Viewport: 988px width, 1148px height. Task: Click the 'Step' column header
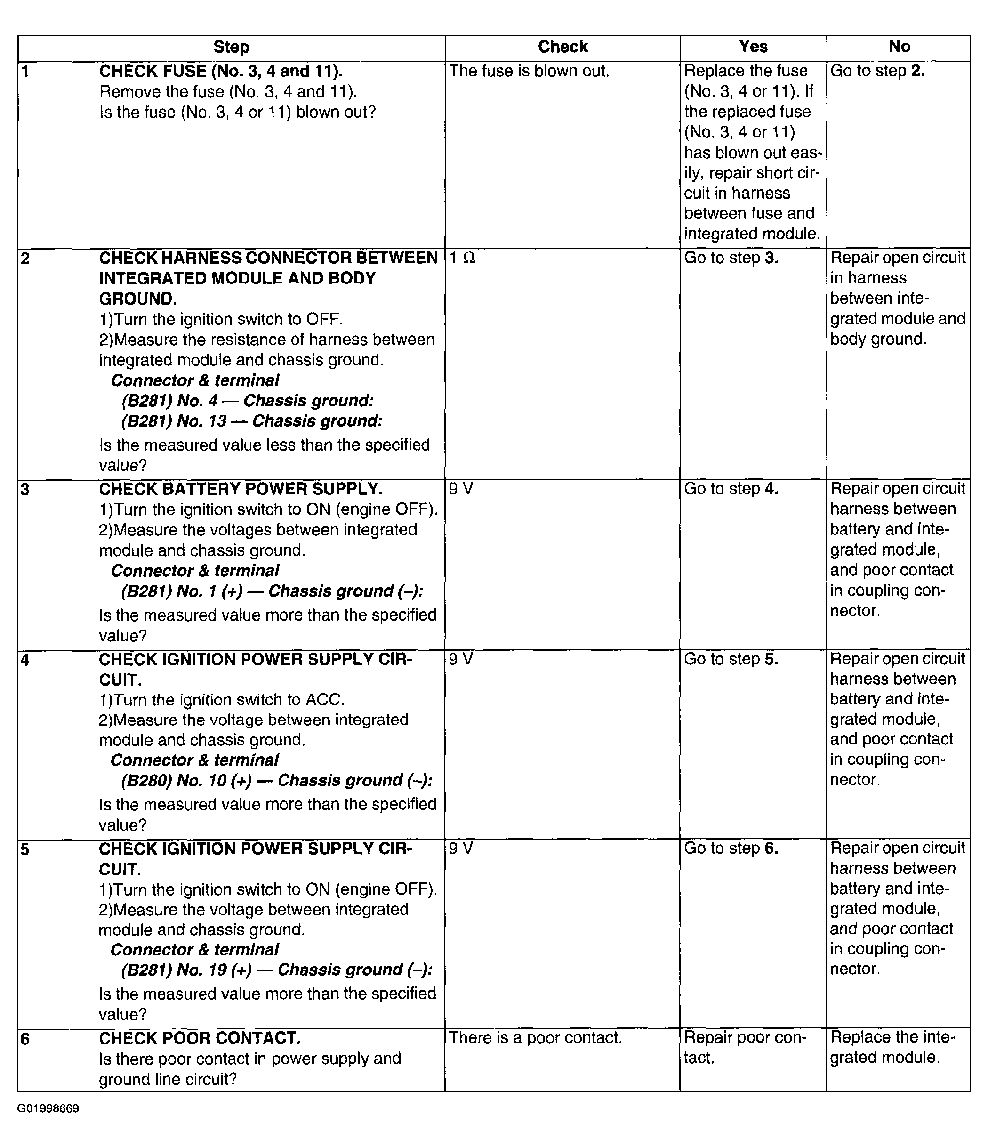(x=231, y=47)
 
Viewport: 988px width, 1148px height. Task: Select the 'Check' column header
(x=562, y=47)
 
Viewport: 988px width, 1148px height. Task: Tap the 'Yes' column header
(x=753, y=47)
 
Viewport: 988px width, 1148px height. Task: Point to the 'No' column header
(x=900, y=47)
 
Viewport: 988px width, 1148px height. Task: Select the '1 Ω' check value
(x=462, y=258)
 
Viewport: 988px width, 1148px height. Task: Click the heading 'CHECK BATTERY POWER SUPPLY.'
(x=241, y=489)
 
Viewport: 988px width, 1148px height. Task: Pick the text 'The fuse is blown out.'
(x=529, y=72)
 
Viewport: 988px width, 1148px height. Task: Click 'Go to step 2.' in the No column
(x=877, y=72)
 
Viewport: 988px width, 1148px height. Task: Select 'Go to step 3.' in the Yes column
(x=731, y=258)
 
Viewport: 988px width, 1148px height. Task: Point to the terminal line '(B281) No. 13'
(x=252, y=421)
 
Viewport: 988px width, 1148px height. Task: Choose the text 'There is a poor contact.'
(x=536, y=1038)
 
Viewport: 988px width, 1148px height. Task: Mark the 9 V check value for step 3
(x=461, y=489)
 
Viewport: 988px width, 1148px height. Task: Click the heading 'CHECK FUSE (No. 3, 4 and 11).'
(x=221, y=72)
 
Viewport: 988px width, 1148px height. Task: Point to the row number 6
(x=25, y=1039)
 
